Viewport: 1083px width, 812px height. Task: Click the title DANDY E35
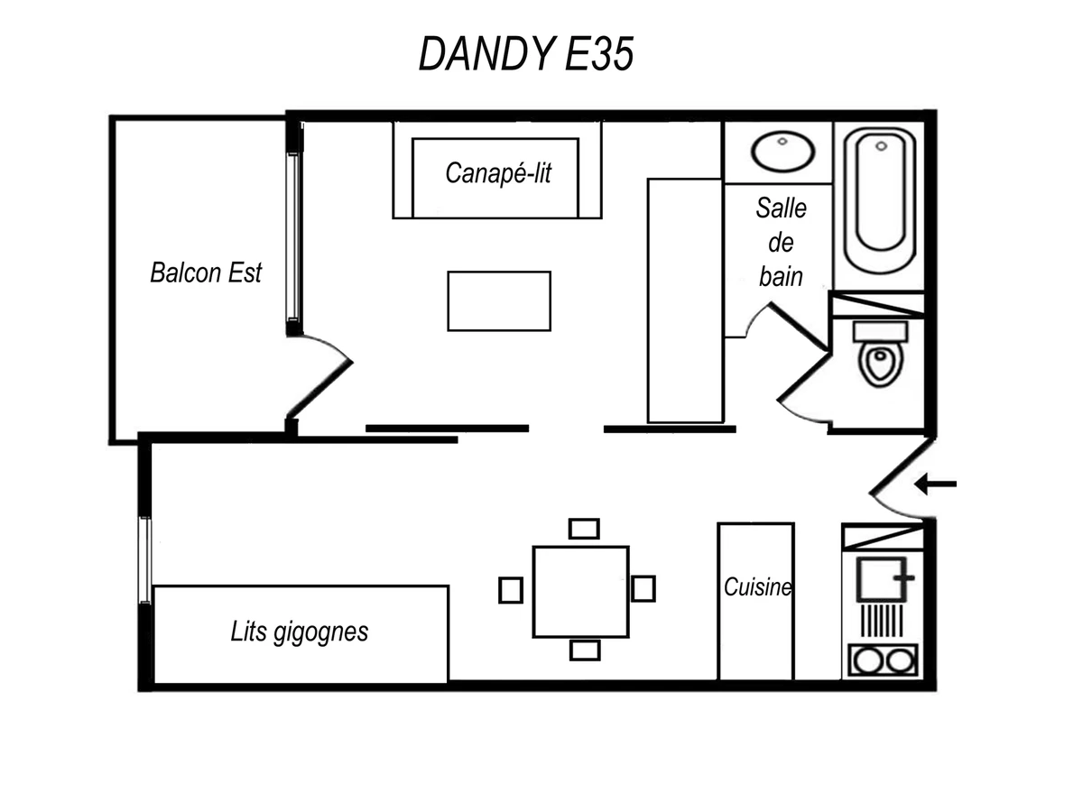(x=526, y=55)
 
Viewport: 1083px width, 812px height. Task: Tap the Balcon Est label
(x=206, y=272)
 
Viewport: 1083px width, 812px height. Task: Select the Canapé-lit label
(x=497, y=173)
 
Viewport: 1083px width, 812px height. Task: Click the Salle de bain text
(x=781, y=243)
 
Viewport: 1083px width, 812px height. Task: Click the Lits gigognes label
(x=300, y=632)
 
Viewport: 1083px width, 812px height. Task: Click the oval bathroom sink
(x=783, y=152)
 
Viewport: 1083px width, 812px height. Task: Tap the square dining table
(x=580, y=591)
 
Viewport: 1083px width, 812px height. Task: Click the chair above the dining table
(x=584, y=528)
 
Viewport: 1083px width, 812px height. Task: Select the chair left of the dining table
(x=511, y=589)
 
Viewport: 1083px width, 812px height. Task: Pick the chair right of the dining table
(x=643, y=588)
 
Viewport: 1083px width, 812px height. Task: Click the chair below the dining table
(x=585, y=650)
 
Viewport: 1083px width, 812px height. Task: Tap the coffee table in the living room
(x=499, y=301)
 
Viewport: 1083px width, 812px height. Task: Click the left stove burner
(x=868, y=660)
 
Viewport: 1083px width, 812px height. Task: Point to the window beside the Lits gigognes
(x=144, y=559)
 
